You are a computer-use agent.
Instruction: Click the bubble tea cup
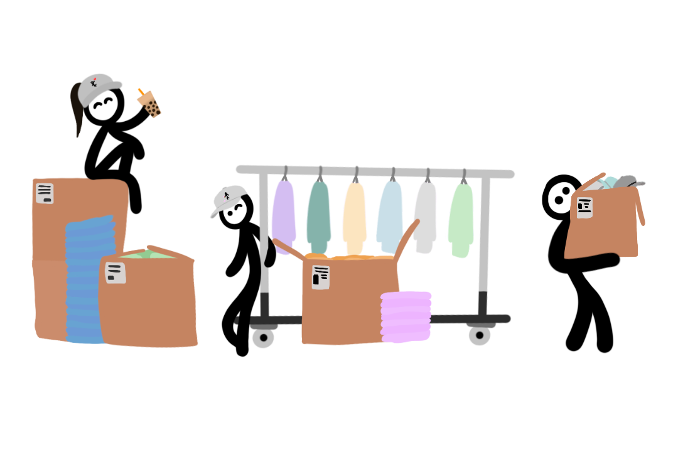(151, 105)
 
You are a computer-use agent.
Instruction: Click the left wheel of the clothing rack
(263, 337)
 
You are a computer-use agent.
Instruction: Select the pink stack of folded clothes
(406, 316)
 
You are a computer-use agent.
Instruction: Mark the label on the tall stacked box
(45, 193)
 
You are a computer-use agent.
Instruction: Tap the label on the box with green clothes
(115, 272)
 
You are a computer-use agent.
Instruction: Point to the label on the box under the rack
(321, 277)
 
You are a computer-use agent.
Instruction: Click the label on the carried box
(584, 207)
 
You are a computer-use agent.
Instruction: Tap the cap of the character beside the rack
(228, 198)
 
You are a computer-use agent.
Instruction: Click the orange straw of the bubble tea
(141, 92)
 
